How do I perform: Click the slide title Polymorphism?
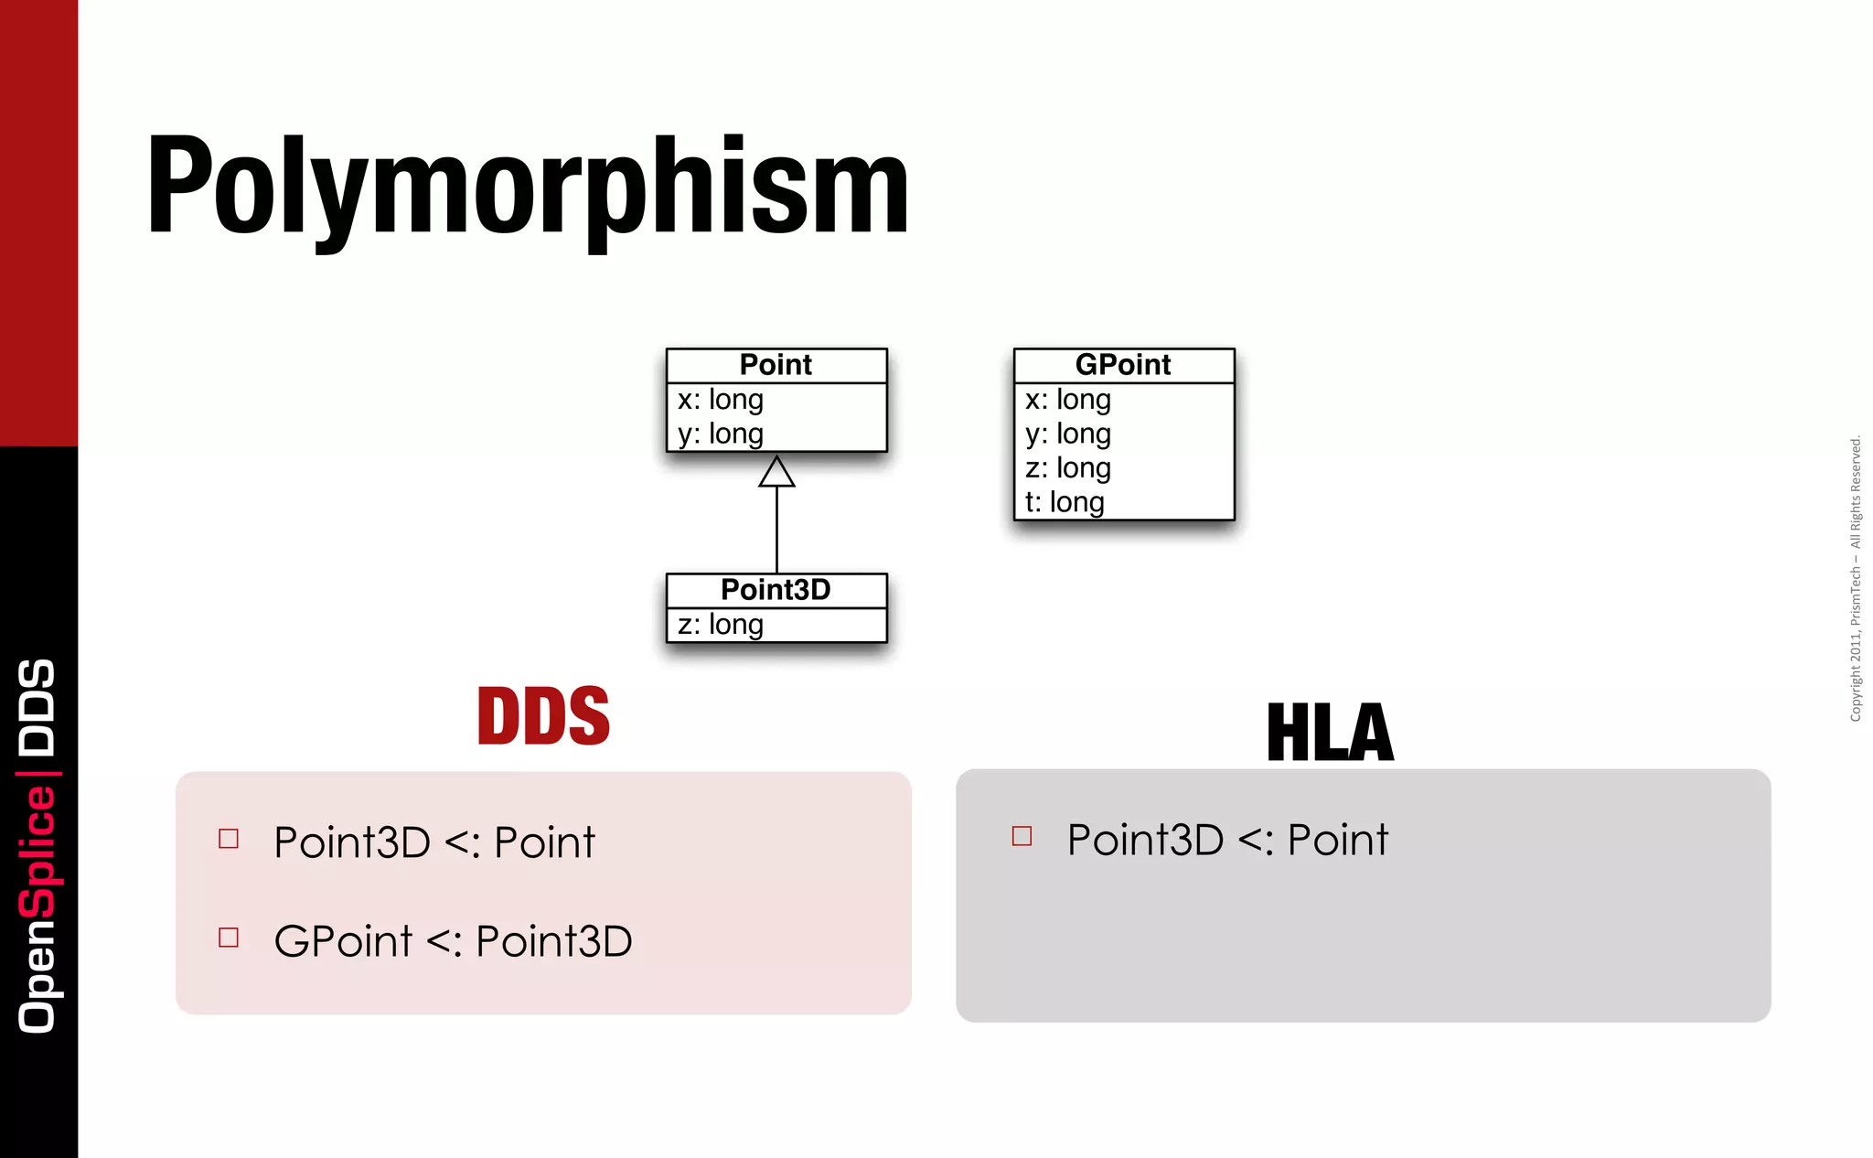[x=528, y=187]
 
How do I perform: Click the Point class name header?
[x=776, y=365]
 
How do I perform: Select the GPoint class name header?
[x=1123, y=365]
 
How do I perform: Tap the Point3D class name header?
[x=776, y=590]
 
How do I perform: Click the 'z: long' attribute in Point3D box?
[x=721, y=625]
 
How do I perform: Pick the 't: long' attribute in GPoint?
[x=1065, y=502]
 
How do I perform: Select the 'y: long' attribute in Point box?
[x=721, y=434]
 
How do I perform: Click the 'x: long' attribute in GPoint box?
[x=1068, y=400]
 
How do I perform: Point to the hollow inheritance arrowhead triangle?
[x=776, y=473]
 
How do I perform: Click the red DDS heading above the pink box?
[x=543, y=716]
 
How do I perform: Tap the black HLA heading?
[x=1330, y=733]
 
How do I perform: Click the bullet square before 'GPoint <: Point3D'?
[x=229, y=938]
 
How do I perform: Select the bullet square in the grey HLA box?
[x=1022, y=836]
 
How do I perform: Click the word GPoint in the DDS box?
[x=343, y=941]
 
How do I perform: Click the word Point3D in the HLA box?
[x=1145, y=840]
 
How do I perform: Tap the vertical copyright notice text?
[x=1855, y=579]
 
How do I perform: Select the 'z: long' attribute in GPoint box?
[x=1068, y=468]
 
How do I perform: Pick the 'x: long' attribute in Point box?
[x=721, y=400]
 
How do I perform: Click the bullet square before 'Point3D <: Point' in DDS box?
[x=229, y=839]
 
